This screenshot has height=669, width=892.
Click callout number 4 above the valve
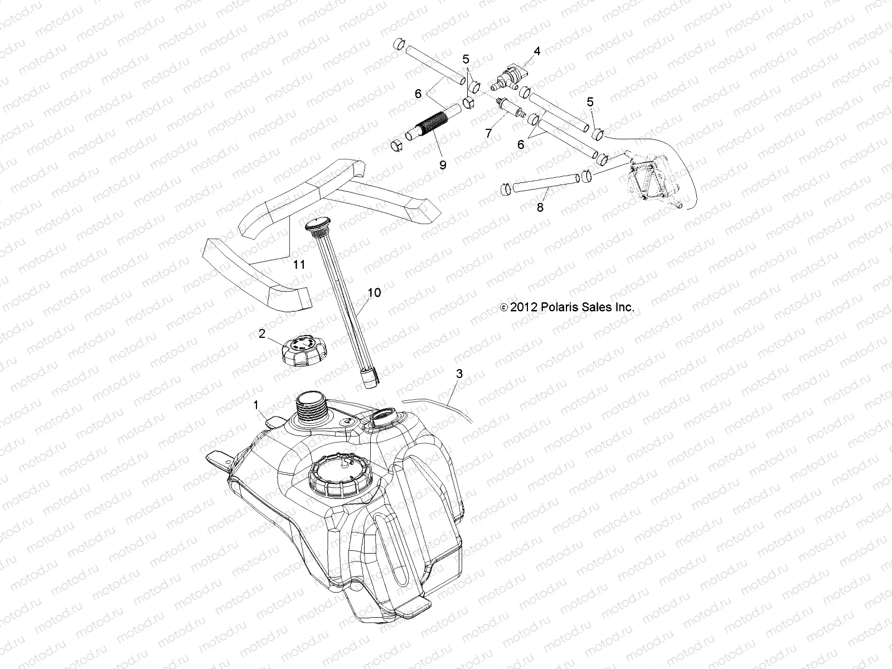tap(537, 51)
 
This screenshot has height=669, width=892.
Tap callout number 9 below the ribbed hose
tap(443, 164)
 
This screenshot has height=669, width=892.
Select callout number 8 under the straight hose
tap(540, 207)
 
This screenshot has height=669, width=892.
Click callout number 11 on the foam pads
tap(299, 264)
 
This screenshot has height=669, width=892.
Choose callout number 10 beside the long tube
tap(374, 293)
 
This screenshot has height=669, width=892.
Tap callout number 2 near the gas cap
tap(261, 334)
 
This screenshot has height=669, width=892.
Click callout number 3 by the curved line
tap(459, 374)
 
